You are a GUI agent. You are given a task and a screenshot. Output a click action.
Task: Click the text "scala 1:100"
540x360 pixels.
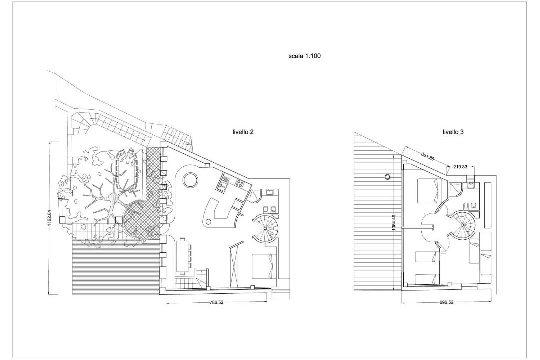304,56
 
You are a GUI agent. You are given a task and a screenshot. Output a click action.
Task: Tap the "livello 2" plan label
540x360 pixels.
243,132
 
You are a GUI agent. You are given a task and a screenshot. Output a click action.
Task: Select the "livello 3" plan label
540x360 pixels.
453,132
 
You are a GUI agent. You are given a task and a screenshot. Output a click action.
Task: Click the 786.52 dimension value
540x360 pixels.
216,303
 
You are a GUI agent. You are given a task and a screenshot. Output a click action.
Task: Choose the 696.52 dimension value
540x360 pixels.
446,303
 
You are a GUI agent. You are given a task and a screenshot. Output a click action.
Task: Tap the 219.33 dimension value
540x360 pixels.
460,167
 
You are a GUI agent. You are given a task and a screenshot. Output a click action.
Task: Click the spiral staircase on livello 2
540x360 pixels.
265,228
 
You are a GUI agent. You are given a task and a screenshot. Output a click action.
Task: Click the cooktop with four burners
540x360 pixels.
239,183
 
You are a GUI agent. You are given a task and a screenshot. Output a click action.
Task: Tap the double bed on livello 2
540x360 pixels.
264,266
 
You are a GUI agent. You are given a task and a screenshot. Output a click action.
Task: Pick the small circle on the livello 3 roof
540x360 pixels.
388,177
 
